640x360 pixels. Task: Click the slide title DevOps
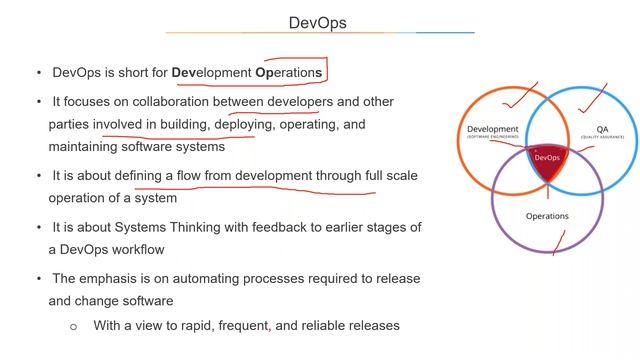click(x=318, y=22)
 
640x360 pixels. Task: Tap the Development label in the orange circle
click(x=492, y=129)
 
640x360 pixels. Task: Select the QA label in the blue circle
click(x=602, y=129)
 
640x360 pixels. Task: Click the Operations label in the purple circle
click(x=547, y=216)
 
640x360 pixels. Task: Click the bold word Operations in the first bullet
click(x=291, y=73)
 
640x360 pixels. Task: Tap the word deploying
click(x=249, y=125)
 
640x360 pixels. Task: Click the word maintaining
click(x=87, y=147)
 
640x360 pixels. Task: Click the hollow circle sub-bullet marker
click(x=73, y=326)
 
